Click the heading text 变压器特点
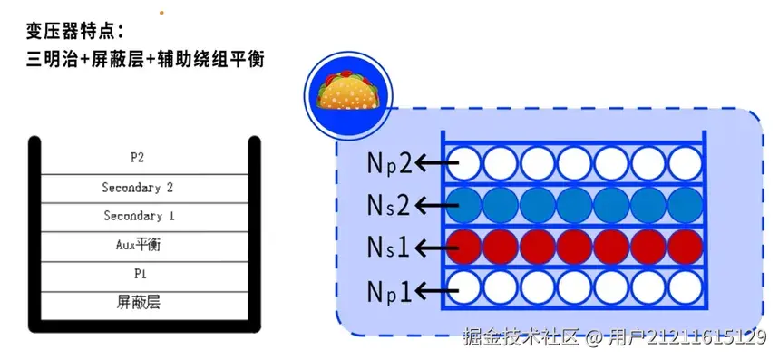(80, 33)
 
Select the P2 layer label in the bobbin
(138, 157)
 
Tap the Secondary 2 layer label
(138, 188)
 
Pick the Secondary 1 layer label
(138, 216)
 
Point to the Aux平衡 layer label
(138, 245)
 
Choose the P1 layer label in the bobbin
(138, 273)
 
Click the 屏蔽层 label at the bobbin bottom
(138, 301)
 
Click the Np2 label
(390, 163)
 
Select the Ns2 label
(390, 205)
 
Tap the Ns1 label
(390, 247)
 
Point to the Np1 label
(390, 290)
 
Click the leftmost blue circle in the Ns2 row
(463, 205)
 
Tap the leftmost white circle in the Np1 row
(463, 290)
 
